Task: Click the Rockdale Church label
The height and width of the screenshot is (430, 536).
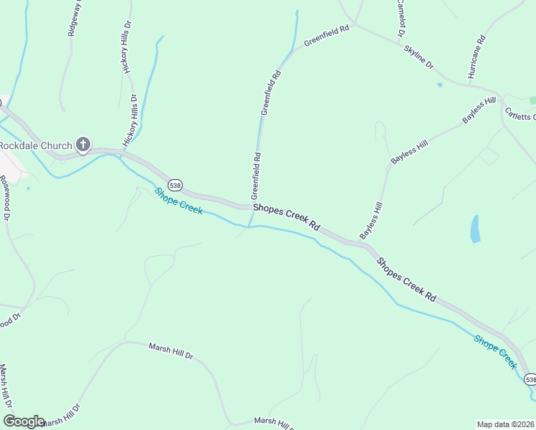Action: click(x=36, y=145)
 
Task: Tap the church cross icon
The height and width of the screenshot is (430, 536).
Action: click(x=83, y=145)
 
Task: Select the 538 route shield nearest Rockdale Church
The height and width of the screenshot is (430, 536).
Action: click(x=176, y=186)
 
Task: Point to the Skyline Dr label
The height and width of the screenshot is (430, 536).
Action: click(x=419, y=57)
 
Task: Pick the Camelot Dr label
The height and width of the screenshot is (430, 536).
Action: click(x=400, y=18)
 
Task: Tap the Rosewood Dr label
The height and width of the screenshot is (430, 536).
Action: click(x=6, y=197)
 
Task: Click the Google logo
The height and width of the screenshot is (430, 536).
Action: click(x=24, y=421)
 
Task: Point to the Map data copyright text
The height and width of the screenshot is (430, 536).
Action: click(x=506, y=424)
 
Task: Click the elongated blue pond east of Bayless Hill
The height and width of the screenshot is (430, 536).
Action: click(x=474, y=229)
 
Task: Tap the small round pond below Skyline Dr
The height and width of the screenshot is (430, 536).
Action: click(x=439, y=85)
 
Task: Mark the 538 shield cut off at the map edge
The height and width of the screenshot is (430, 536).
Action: click(x=530, y=379)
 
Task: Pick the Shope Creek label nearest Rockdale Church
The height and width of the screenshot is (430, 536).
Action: click(x=178, y=201)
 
